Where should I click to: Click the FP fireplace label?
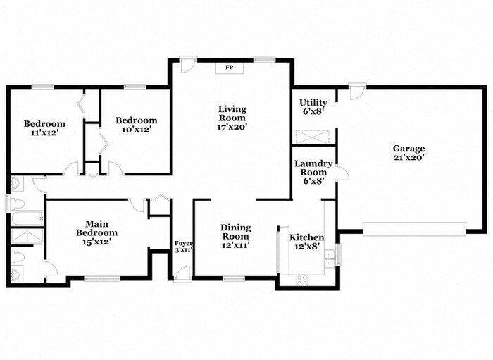pyautogui.click(x=229, y=68)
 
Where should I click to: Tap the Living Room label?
pyautogui.click(x=232, y=113)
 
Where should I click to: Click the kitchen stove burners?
pyautogui.click(x=302, y=279)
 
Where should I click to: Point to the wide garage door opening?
pyautogui.click(x=414, y=229)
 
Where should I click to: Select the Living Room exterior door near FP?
pyautogui.click(x=186, y=65)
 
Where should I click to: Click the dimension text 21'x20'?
pyautogui.click(x=408, y=158)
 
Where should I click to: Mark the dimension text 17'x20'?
pyautogui.click(x=232, y=128)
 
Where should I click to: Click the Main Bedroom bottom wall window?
pyautogui.click(x=102, y=278)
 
